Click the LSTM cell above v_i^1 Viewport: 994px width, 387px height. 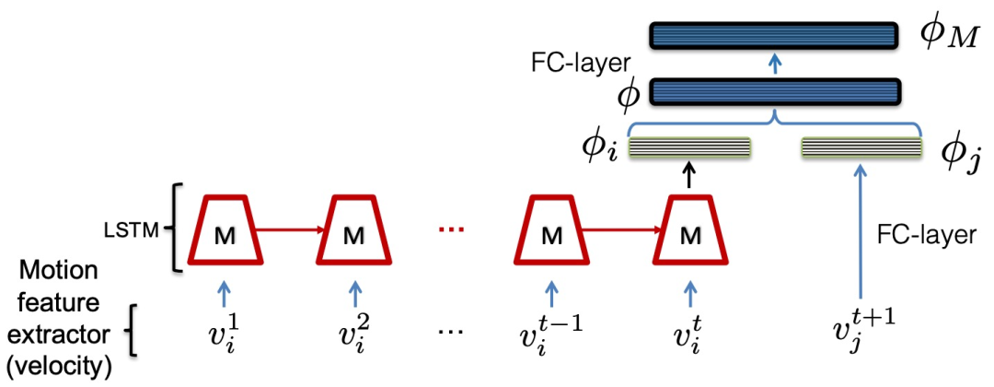pos(226,229)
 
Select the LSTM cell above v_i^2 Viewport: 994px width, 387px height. pos(353,229)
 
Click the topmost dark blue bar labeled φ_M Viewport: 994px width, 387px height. pos(773,36)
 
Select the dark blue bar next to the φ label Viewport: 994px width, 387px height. pos(773,92)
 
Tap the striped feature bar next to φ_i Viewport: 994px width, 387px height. pos(689,147)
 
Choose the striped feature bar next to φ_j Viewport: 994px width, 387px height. pos(861,147)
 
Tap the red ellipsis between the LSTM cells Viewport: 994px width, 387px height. pos(452,229)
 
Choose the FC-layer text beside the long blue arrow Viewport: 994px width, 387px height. pos(926,236)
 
